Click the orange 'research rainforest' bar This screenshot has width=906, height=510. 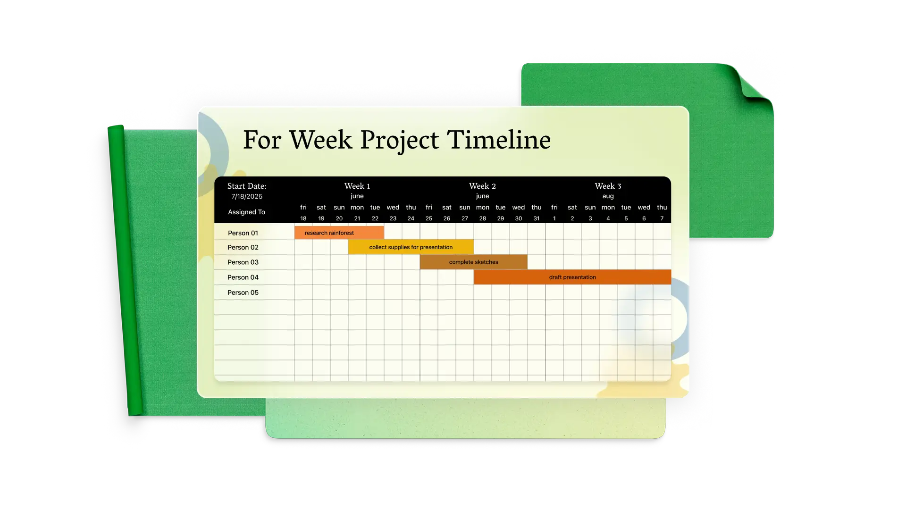(x=339, y=233)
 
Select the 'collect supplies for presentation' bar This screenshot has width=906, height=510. (x=411, y=247)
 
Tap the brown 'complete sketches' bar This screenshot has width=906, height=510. (x=473, y=262)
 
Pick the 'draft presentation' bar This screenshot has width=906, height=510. (x=572, y=277)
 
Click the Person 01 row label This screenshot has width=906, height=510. (x=243, y=233)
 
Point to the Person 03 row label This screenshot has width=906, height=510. (x=243, y=262)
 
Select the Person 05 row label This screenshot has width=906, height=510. (x=243, y=293)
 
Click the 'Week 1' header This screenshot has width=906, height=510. (x=357, y=186)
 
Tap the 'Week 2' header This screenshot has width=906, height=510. (x=482, y=186)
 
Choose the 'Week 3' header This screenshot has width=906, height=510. (x=608, y=186)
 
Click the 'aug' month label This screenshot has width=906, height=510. (x=608, y=196)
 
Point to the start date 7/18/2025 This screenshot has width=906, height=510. (x=247, y=196)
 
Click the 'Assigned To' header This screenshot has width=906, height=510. (x=246, y=212)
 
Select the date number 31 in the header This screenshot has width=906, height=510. (x=537, y=218)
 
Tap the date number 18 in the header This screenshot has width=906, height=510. (x=303, y=218)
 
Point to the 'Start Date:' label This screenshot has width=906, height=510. (x=247, y=186)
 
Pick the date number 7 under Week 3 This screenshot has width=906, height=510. (x=662, y=218)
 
